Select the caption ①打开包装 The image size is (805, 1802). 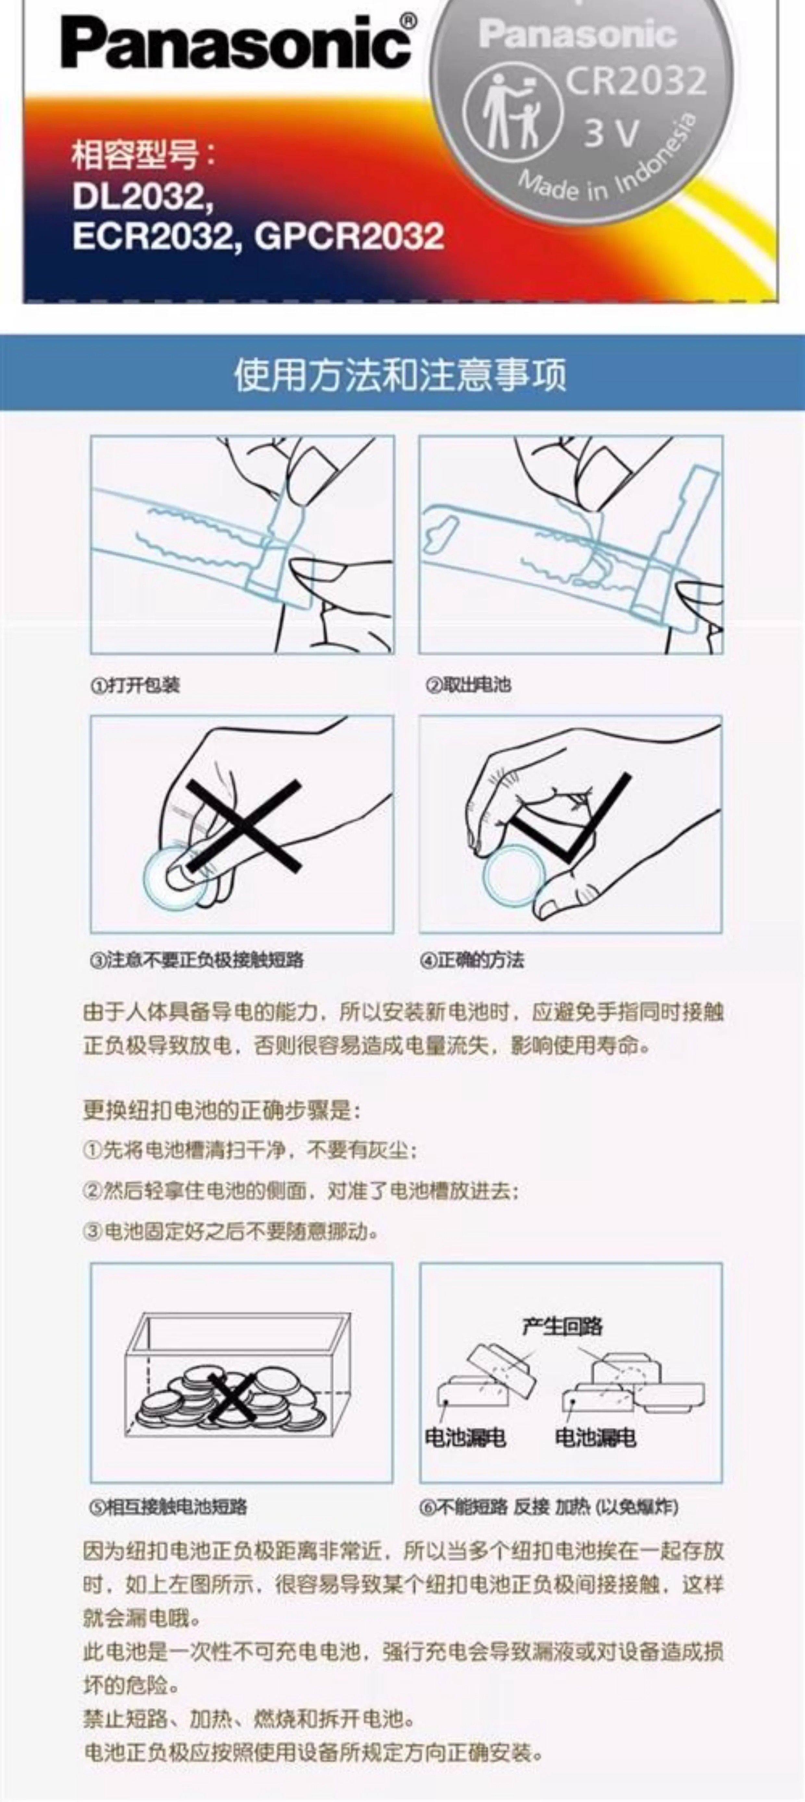tap(135, 684)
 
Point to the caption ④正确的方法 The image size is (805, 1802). tap(472, 960)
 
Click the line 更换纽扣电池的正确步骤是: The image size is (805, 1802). tap(222, 1110)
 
